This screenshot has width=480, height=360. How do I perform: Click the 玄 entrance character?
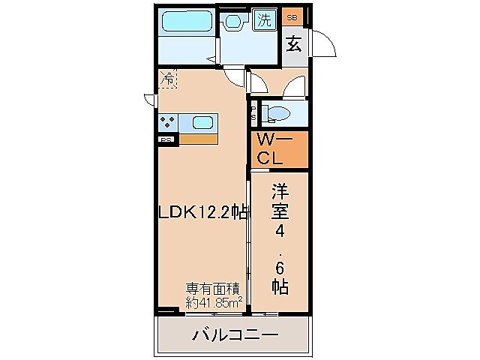tap(294, 43)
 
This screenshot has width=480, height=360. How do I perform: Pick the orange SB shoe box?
tap(292, 16)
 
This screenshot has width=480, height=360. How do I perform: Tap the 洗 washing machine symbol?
tap(264, 19)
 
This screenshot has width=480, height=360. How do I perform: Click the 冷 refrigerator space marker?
tap(168, 77)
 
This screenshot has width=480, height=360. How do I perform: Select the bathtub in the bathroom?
tap(184, 22)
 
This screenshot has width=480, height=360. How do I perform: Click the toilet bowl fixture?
tap(278, 113)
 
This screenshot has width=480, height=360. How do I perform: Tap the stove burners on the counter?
tap(167, 122)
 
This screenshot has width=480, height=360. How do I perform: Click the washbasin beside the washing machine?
tap(235, 22)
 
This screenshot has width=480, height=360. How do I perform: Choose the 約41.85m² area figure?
tap(214, 302)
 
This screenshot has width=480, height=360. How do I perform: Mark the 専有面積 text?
tap(214, 289)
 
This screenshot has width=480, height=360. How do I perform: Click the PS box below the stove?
tap(166, 139)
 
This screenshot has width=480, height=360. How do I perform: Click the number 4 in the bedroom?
tap(279, 229)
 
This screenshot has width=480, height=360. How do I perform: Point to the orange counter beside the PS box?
tap(198, 139)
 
